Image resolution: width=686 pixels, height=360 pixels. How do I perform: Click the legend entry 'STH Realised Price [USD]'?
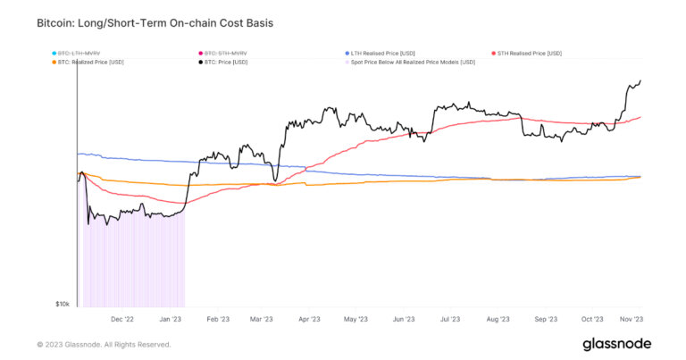[531, 54]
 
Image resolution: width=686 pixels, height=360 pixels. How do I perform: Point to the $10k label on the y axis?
[63, 305]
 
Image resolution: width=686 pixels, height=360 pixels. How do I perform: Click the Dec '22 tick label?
[121, 318]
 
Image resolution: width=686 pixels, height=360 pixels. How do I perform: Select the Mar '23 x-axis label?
[262, 318]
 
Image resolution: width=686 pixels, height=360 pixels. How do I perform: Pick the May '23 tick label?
[356, 318]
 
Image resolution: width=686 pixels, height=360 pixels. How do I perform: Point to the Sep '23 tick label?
[546, 318]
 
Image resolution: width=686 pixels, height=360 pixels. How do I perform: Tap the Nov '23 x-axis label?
[632, 318]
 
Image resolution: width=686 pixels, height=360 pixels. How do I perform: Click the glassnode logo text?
[616, 344]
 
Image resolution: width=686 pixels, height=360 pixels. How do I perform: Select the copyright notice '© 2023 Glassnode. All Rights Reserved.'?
[104, 344]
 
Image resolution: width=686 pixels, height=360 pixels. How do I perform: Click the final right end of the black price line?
[641, 80]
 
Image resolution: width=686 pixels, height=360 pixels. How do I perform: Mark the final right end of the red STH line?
[641, 117]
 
